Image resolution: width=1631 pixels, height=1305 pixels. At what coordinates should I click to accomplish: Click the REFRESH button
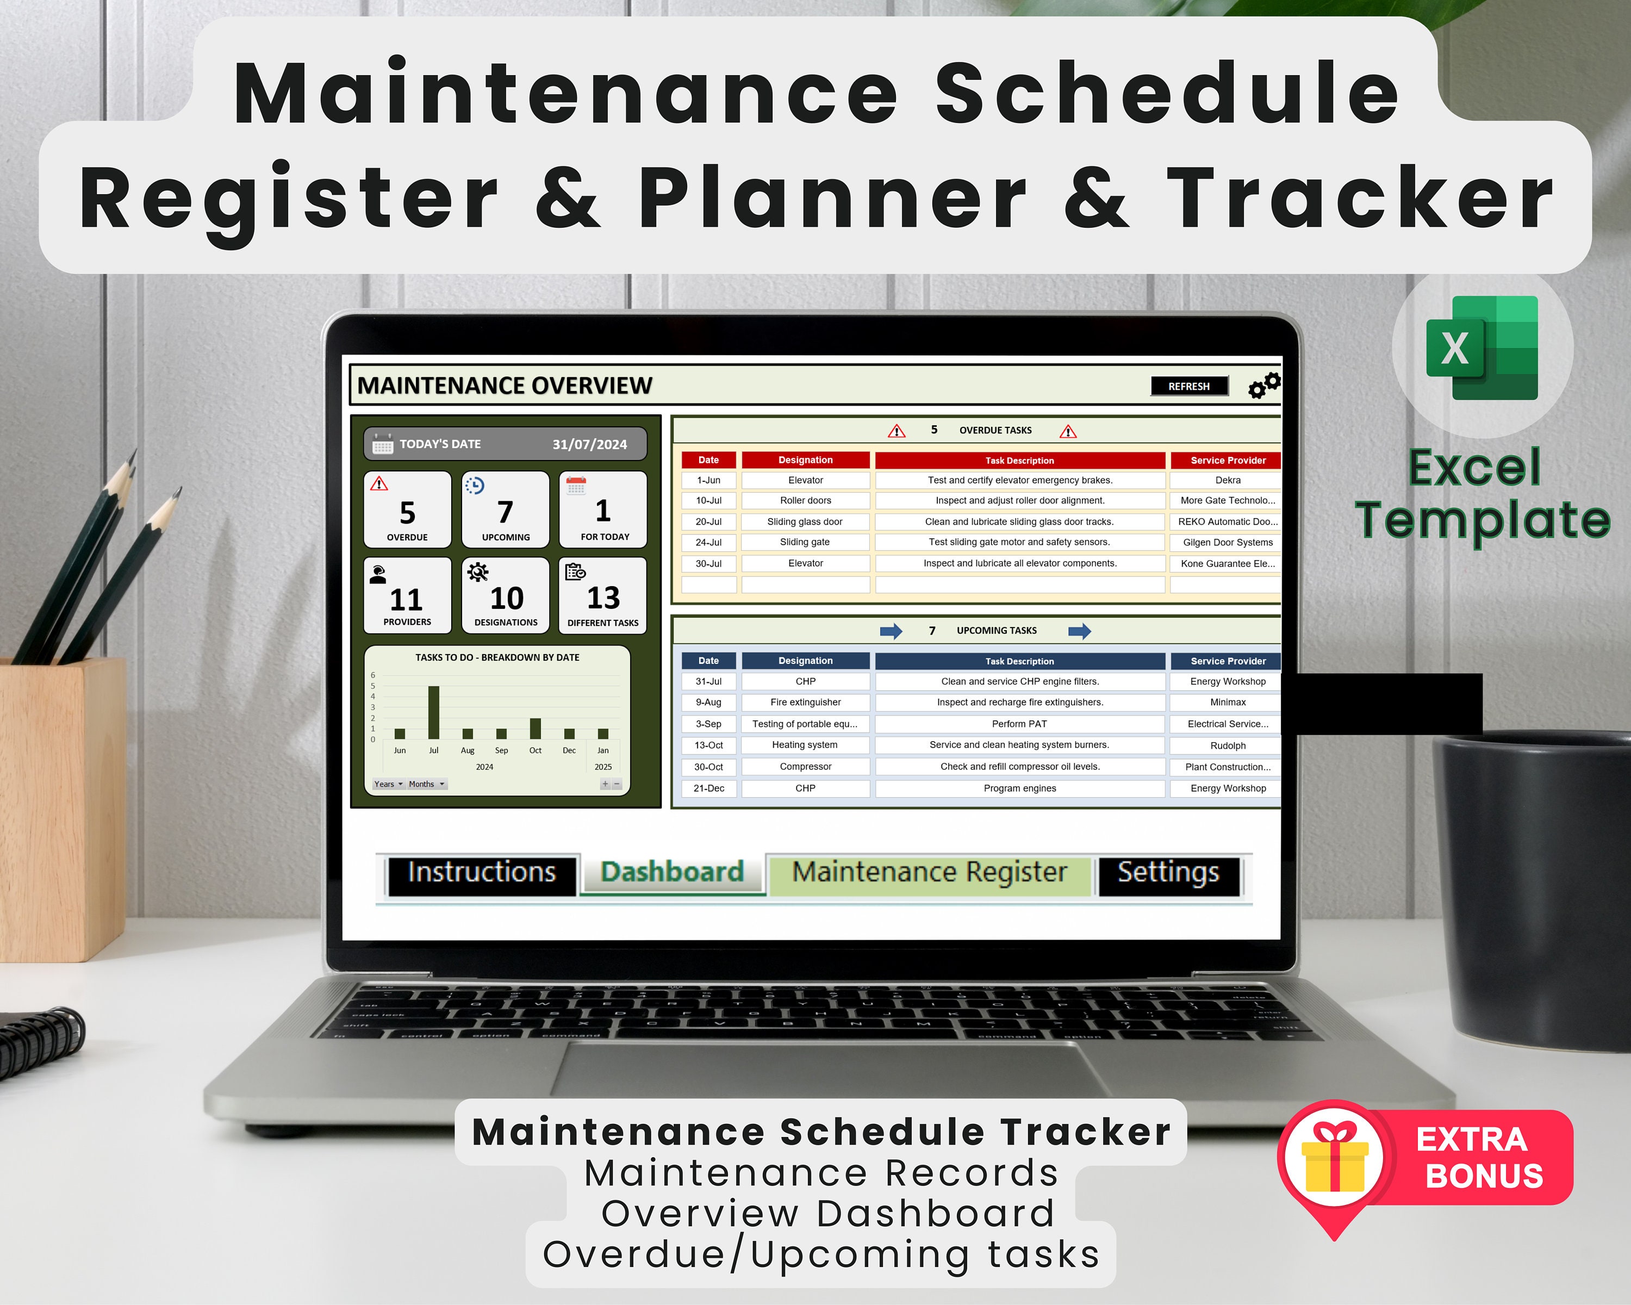pyautogui.click(x=1188, y=386)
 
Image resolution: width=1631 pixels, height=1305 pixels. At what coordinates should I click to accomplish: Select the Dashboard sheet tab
pyautogui.click(x=672, y=872)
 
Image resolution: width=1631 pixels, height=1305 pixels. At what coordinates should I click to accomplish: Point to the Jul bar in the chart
pyautogui.click(x=433, y=712)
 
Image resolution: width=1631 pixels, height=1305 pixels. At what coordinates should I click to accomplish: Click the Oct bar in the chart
pyautogui.click(x=536, y=728)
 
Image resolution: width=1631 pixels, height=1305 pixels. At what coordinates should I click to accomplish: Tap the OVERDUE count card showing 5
pyautogui.click(x=407, y=509)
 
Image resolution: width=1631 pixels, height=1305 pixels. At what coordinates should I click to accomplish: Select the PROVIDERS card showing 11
pyautogui.click(x=407, y=595)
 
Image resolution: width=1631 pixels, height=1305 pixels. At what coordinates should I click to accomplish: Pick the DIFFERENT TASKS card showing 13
pyautogui.click(x=603, y=595)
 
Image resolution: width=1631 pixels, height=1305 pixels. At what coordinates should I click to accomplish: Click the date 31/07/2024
pyautogui.click(x=589, y=445)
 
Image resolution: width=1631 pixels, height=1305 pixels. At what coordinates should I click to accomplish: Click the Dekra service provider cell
pyautogui.click(x=1227, y=480)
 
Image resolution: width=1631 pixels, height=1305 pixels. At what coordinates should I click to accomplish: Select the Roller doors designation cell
pyautogui.click(x=806, y=501)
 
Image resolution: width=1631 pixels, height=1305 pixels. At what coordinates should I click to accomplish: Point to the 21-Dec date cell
pyautogui.click(x=709, y=788)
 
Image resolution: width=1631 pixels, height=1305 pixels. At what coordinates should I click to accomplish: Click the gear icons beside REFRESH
pyautogui.click(x=1264, y=384)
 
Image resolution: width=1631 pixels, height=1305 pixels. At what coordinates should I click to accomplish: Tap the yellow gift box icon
pyautogui.click(x=1335, y=1163)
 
